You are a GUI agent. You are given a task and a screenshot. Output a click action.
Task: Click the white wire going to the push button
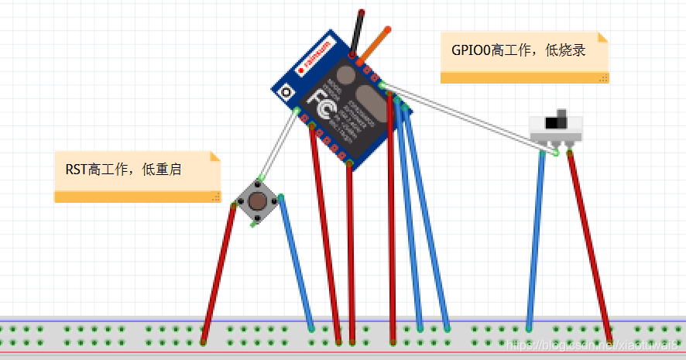click(x=278, y=147)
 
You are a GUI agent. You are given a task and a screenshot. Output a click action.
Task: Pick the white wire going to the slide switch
click(x=465, y=117)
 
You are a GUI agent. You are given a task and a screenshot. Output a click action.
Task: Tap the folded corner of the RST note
click(x=215, y=156)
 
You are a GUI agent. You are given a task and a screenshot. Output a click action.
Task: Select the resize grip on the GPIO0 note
click(x=603, y=78)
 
